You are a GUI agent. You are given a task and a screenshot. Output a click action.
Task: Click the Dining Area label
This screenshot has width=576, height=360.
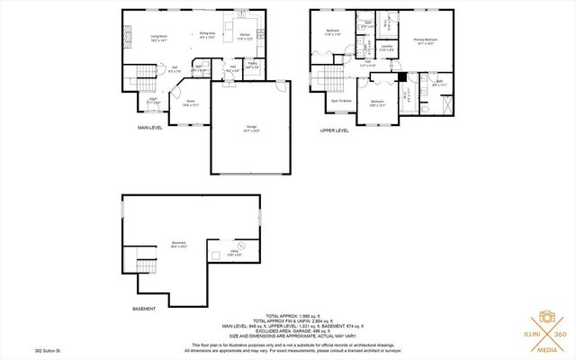pos(207,35)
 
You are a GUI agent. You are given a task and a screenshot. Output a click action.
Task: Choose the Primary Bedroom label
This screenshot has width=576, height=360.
pos(425,41)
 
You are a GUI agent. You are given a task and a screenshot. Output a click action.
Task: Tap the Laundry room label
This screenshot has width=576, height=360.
pos(386,48)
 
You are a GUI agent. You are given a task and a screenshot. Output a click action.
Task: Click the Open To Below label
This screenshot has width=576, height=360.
pos(341,101)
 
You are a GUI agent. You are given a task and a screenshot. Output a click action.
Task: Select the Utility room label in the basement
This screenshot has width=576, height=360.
pos(234,254)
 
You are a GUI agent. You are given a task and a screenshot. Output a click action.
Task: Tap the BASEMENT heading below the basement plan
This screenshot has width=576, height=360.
pos(144,309)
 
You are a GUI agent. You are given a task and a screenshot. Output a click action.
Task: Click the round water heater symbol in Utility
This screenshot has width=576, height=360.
pos(240,245)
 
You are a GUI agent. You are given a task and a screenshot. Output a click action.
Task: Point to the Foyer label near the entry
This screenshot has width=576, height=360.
pos(154,101)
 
